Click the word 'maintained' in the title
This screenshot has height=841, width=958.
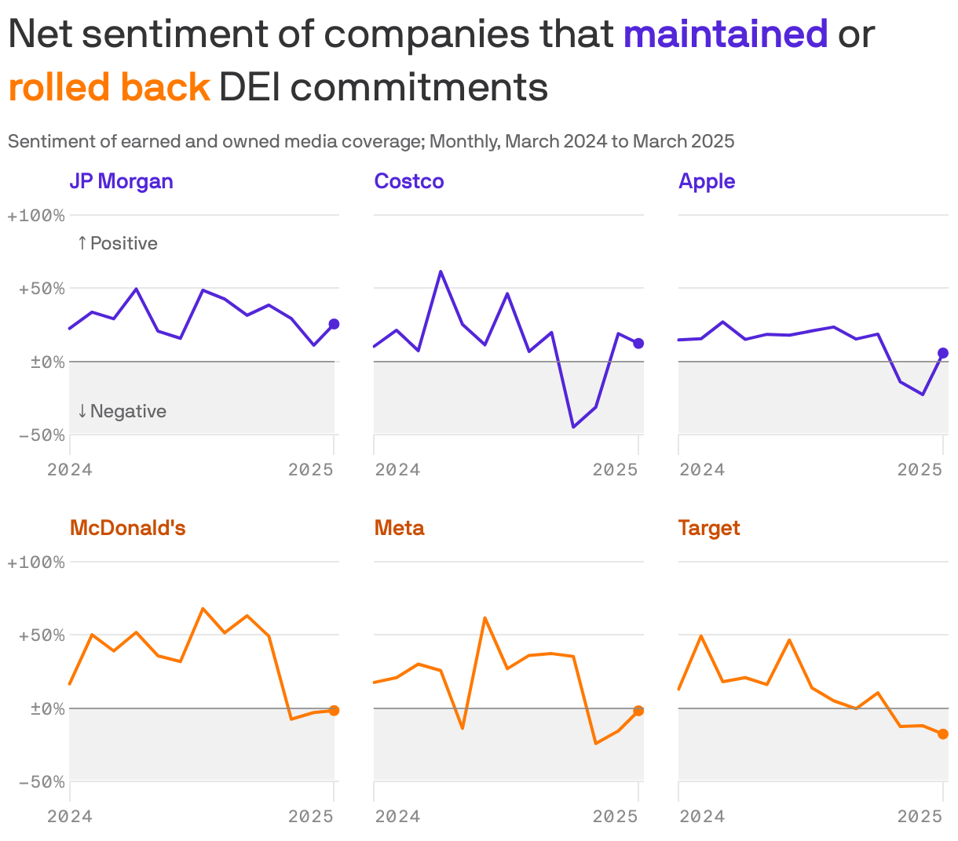(x=726, y=35)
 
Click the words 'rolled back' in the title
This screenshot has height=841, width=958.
(x=109, y=87)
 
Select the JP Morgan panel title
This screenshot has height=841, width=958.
(x=121, y=181)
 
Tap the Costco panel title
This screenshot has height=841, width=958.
(x=409, y=181)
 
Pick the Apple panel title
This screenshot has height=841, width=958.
(x=707, y=181)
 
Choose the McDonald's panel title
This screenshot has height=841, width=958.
(x=127, y=528)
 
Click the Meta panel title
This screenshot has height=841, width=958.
(x=399, y=528)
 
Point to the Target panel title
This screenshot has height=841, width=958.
(x=709, y=528)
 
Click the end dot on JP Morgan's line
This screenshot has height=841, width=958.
(x=334, y=324)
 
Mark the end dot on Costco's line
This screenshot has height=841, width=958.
(x=638, y=344)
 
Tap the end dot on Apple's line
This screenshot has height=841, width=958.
(x=943, y=353)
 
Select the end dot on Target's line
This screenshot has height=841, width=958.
(x=943, y=734)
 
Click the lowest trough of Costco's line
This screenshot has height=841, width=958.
(x=573, y=428)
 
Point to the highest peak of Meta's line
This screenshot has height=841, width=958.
(x=484, y=617)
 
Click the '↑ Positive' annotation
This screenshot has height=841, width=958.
(x=117, y=243)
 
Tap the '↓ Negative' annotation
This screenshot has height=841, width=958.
(x=122, y=411)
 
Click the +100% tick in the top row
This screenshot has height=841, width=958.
(x=36, y=216)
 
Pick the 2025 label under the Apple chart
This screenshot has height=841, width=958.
(x=920, y=470)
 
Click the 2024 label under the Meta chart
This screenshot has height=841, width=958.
(x=397, y=817)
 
